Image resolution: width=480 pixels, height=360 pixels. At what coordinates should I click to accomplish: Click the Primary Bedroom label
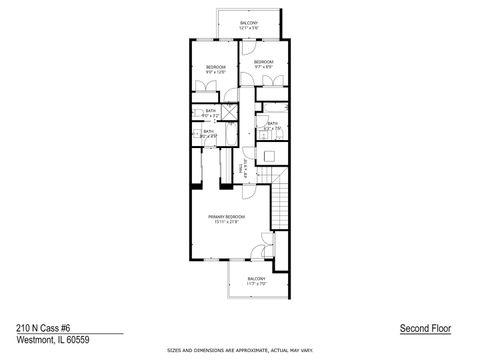click(228, 216)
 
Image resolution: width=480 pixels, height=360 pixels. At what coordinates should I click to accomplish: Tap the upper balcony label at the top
click(250, 23)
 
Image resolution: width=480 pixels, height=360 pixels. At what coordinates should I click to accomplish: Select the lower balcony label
click(256, 278)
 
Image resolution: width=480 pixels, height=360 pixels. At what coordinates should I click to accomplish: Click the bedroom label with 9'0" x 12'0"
click(215, 68)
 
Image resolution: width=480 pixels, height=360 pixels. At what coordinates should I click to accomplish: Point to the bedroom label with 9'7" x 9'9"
click(263, 62)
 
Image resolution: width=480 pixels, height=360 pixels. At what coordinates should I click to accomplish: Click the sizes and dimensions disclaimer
click(240, 351)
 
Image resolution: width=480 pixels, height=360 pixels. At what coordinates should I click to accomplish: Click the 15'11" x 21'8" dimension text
click(228, 222)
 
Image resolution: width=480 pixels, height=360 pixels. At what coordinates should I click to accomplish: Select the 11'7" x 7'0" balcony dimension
click(256, 284)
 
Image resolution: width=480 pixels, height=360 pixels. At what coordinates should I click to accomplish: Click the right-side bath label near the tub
click(272, 123)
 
